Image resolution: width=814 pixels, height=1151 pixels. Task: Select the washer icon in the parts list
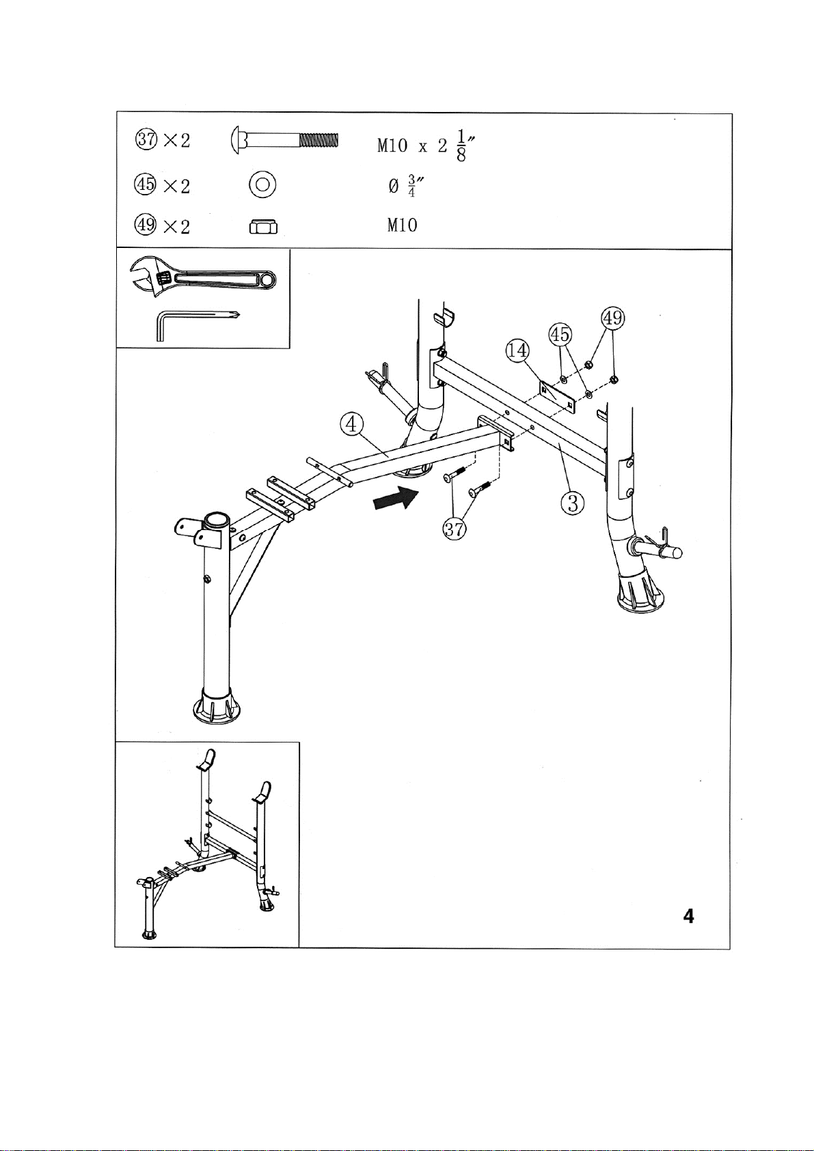click(262, 184)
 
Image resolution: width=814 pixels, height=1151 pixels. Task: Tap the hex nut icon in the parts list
click(263, 226)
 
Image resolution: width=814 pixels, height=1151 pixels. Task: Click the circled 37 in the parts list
click(146, 140)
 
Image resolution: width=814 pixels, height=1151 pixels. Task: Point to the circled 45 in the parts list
click(146, 184)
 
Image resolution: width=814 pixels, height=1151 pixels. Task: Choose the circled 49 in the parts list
click(146, 225)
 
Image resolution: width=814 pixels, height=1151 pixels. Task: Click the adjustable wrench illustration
click(203, 276)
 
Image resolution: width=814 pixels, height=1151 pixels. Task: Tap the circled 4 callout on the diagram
click(351, 424)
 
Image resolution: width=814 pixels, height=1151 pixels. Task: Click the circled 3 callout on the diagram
click(573, 503)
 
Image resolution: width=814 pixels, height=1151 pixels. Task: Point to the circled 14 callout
click(517, 350)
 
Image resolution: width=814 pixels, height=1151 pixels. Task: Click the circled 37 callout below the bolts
click(455, 528)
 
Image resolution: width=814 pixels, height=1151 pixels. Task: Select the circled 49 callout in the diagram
click(612, 318)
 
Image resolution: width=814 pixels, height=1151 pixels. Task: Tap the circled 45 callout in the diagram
click(560, 335)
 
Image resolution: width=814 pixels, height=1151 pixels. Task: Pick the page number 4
click(688, 917)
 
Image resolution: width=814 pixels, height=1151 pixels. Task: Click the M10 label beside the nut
click(402, 225)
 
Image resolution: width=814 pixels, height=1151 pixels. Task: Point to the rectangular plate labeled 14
click(558, 398)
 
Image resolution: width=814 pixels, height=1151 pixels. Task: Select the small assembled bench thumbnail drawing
click(207, 844)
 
